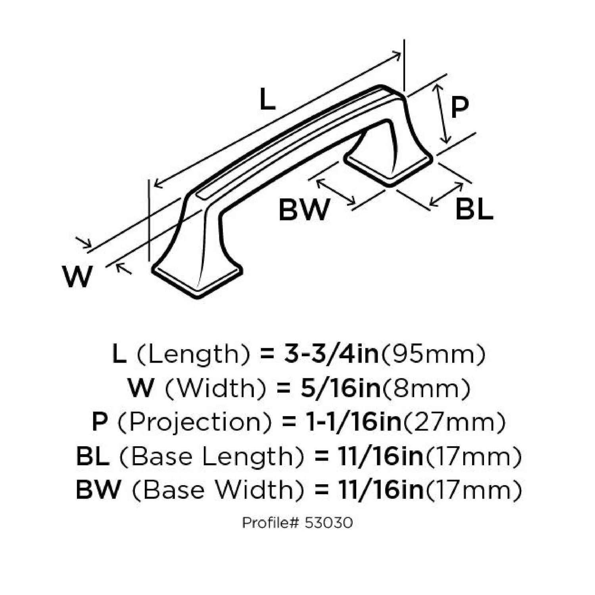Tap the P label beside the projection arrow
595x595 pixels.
[460, 107]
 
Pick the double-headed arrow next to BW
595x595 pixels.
[336, 192]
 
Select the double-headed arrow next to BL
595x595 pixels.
[447, 194]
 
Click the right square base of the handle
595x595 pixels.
[389, 167]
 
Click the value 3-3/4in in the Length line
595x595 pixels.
[331, 354]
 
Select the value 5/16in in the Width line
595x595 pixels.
[340, 388]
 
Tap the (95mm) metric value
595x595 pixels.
[433, 354]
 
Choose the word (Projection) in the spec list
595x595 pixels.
[195, 422]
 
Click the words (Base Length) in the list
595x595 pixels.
[211, 457]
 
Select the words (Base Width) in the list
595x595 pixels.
[218, 490]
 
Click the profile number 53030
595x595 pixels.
[328, 523]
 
